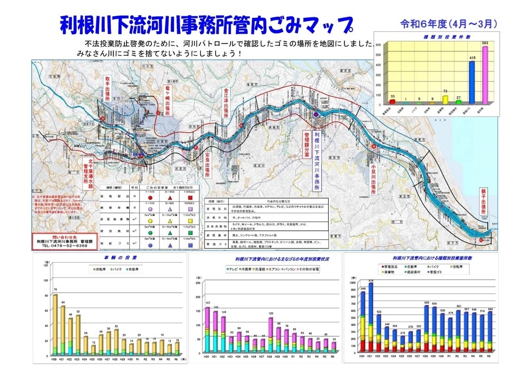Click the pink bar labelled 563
(485, 75)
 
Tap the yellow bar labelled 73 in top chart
(445, 99)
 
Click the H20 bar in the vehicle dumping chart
(55, 325)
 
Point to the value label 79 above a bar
(55, 290)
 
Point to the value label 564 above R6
(489, 309)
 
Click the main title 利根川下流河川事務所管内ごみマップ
(205, 24)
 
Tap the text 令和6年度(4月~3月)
(448, 24)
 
